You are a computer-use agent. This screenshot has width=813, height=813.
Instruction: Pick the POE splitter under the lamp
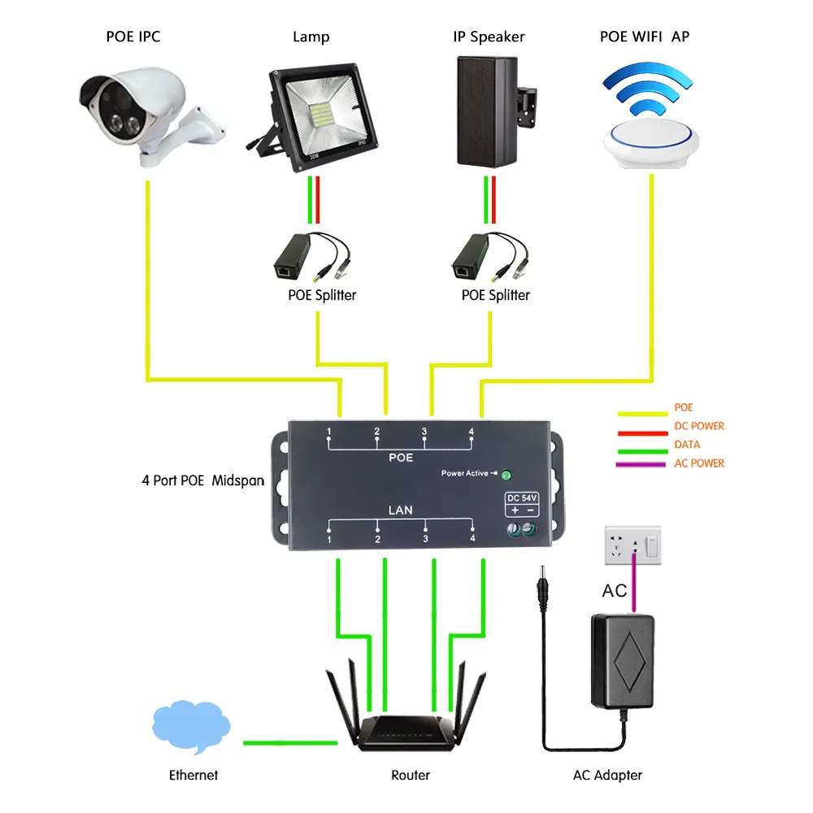(298, 255)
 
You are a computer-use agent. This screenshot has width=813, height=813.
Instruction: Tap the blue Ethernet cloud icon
(191, 725)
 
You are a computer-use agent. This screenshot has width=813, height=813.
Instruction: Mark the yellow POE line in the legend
(642, 409)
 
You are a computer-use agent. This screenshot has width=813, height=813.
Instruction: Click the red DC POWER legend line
(642, 427)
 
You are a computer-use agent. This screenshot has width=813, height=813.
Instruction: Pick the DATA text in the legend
(687, 445)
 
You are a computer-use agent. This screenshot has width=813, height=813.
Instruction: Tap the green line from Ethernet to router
(289, 741)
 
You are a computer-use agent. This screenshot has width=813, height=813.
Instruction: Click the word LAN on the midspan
(401, 510)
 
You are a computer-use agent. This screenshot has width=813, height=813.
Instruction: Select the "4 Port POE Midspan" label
(202, 480)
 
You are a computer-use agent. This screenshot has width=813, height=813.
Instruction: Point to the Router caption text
(411, 775)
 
